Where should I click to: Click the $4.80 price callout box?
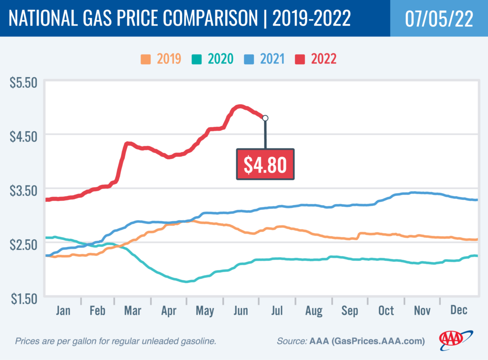coord(265,164)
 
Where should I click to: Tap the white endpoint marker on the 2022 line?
coord(265,118)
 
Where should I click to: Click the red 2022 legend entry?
coord(317,59)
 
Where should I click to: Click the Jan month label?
coord(63,310)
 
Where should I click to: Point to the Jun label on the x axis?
coord(241,310)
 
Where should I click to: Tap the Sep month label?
coord(349,310)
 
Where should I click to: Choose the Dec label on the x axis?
coord(458,310)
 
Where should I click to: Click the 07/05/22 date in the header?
coord(438,18)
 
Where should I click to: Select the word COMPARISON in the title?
coord(209,19)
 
